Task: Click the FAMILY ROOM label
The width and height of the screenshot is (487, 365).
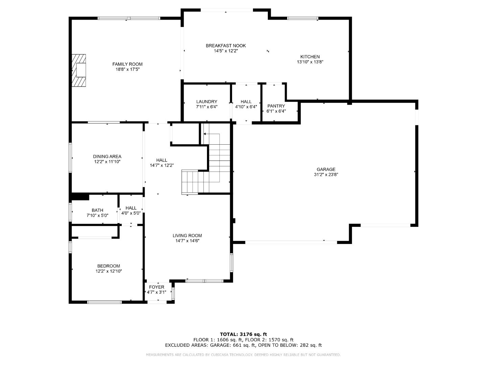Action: pyautogui.click(x=127, y=64)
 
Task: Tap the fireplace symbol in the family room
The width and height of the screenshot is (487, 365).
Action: pyautogui.click(x=79, y=71)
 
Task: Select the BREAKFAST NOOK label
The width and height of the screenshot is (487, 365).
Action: pyautogui.click(x=226, y=46)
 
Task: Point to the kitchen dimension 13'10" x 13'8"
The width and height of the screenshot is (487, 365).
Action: pyautogui.click(x=310, y=62)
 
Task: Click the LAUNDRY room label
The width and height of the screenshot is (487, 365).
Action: pyautogui.click(x=207, y=101)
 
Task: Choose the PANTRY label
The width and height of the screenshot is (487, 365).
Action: pyautogui.click(x=276, y=106)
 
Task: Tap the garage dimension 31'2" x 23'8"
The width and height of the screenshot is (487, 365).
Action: pyautogui.click(x=326, y=175)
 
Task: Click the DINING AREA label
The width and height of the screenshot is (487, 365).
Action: pyautogui.click(x=107, y=156)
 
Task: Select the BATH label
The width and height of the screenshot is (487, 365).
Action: pyautogui.click(x=97, y=210)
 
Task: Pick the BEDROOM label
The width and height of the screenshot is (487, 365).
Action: pyautogui.click(x=109, y=266)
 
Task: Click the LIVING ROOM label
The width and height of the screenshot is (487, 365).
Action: pyautogui.click(x=187, y=236)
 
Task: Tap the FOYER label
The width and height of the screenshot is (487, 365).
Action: pyautogui.click(x=157, y=287)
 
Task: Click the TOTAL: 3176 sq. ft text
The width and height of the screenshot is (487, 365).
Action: pyautogui.click(x=243, y=334)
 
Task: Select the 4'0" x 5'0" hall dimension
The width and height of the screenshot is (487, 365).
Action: pyautogui.click(x=131, y=213)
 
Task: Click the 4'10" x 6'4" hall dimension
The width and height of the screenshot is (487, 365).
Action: pyautogui.click(x=246, y=107)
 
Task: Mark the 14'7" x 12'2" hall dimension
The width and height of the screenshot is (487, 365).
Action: pyautogui.click(x=162, y=165)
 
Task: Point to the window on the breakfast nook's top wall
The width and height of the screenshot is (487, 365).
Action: pyautogui.click(x=227, y=10)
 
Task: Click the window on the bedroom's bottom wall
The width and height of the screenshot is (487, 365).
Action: pyautogui.click(x=105, y=302)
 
